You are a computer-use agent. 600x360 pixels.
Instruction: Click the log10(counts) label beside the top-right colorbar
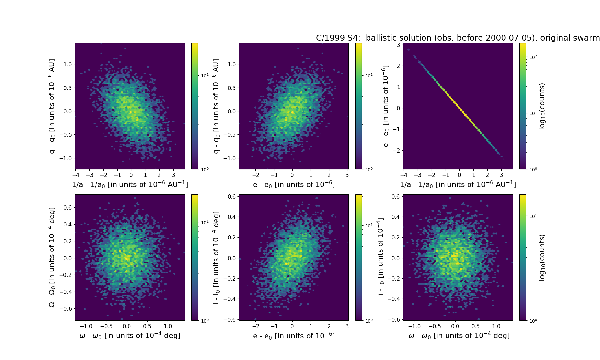tap(542, 106)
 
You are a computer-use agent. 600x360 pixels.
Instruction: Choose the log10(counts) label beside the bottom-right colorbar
tap(542, 257)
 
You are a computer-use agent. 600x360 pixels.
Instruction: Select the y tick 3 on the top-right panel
tap(398, 45)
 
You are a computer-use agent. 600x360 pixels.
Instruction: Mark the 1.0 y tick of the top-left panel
tap(68, 64)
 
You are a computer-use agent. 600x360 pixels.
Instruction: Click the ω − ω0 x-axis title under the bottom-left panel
tap(130, 336)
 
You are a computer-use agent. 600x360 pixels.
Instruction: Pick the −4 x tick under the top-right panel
tap(404, 175)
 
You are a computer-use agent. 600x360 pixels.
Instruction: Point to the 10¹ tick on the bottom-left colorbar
tap(205, 223)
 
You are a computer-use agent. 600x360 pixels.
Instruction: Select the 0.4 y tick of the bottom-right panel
tap(395, 217)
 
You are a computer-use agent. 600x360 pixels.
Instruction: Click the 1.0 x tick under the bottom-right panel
tap(496, 326)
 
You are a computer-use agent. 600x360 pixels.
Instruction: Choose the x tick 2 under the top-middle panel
tap(329, 175)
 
